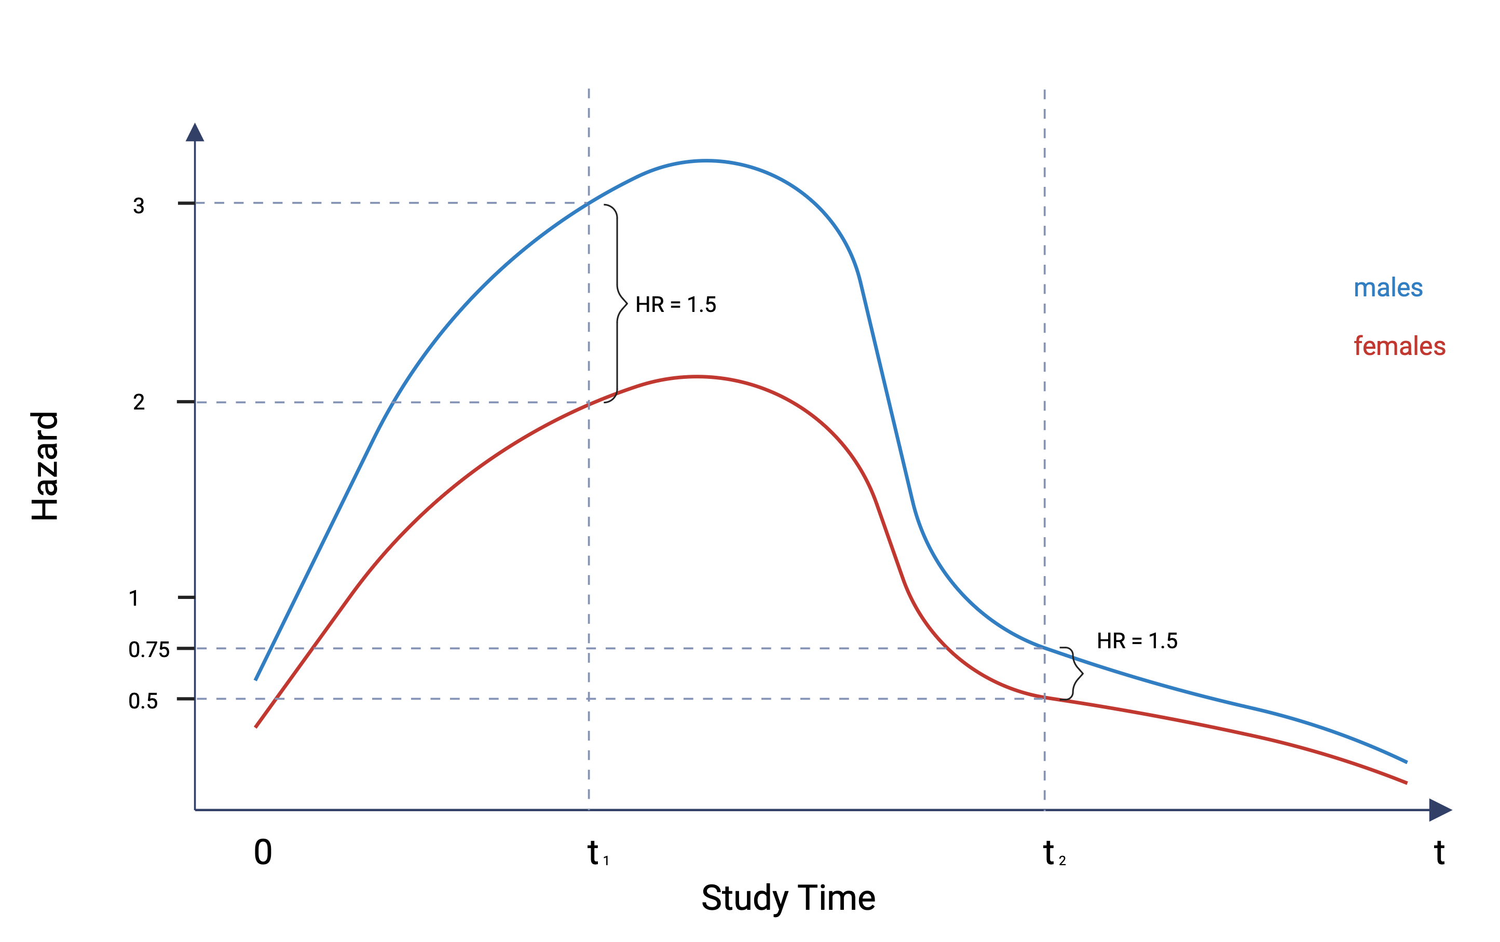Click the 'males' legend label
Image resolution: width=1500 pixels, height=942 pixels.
[1388, 288]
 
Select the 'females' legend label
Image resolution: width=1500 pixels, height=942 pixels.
[1399, 346]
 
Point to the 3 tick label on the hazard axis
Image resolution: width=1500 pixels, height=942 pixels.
[138, 206]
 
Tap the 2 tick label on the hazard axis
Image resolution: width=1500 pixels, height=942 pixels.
[138, 402]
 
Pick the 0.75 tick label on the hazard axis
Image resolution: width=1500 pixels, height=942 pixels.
[149, 650]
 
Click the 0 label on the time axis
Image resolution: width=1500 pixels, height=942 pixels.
[263, 852]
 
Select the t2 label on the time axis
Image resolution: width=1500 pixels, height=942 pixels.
[1053, 854]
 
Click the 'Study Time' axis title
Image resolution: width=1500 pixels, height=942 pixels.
[788, 898]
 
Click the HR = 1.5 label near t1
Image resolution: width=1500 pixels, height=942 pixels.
[675, 305]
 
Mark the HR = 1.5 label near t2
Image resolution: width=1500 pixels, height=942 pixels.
[1137, 641]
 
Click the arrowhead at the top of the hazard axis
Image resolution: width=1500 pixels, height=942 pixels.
[195, 133]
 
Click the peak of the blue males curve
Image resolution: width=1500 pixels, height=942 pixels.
[706, 161]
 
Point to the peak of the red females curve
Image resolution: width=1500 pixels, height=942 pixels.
[697, 377]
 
